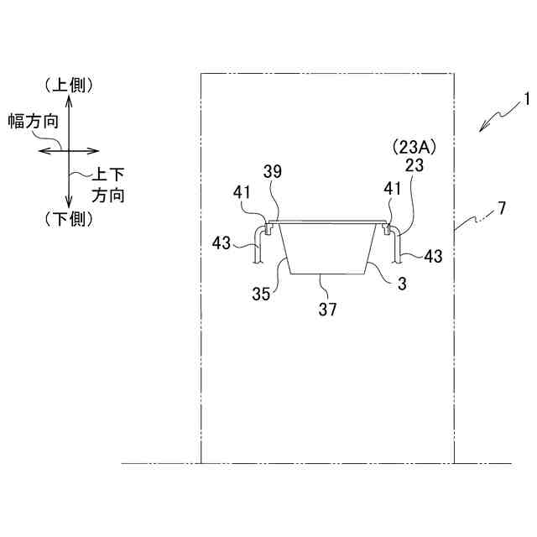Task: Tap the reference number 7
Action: click(x=501, y=207)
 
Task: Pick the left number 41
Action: click(x=242, y=191)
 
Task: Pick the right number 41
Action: click(x=392, y=190)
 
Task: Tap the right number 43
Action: click(x=433, y=256)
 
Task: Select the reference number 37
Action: click(x=327, y=309)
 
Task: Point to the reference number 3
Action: click(x=402, y=284)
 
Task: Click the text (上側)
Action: click(x=70, y=84)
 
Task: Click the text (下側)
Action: click(x=70, y=219)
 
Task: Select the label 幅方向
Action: click(x=33, y=120)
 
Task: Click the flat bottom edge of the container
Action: click(x=327, y=274)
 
